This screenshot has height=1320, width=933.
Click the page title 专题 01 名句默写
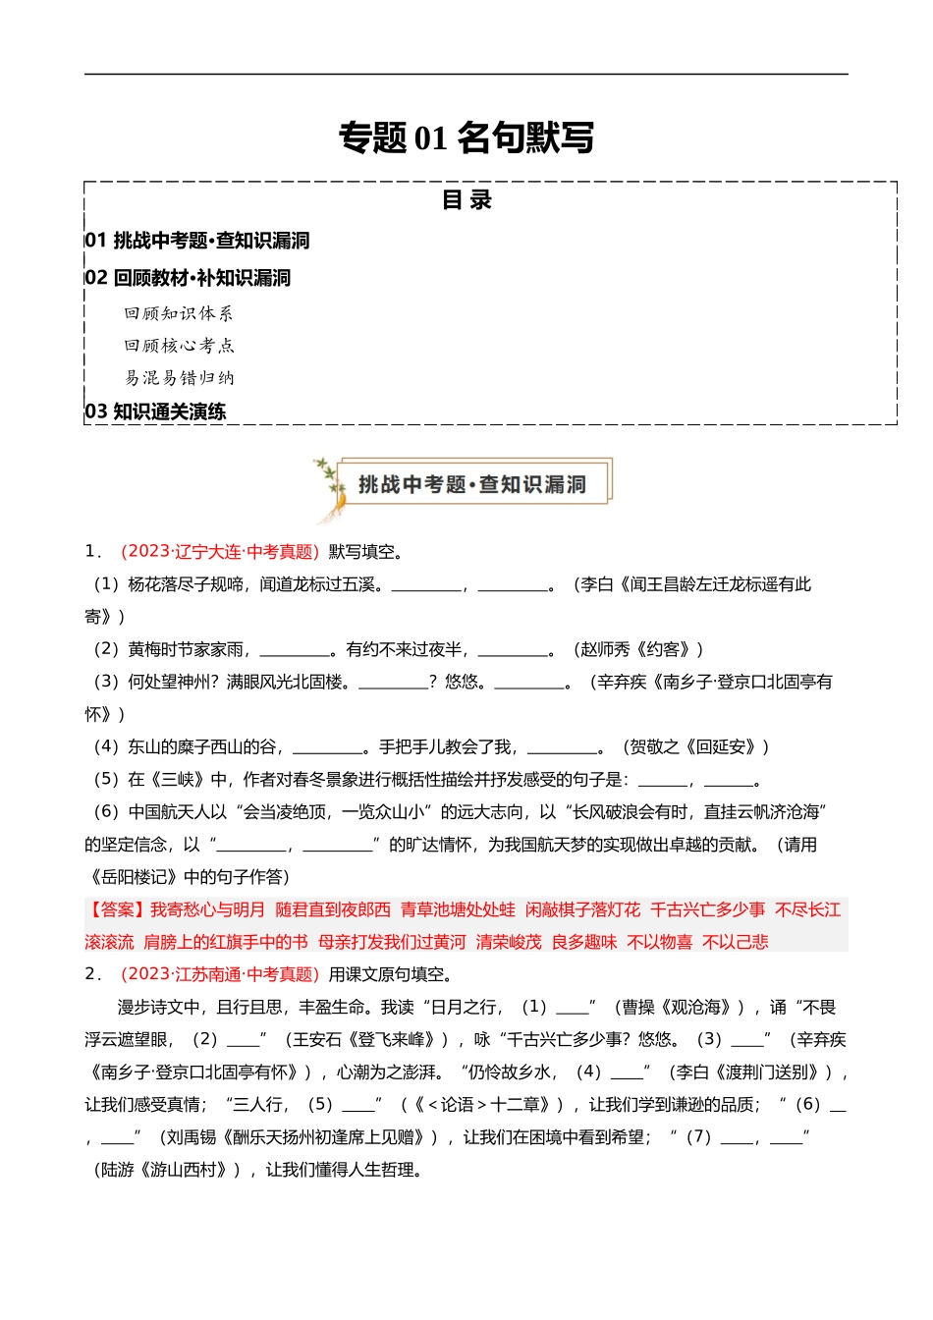tap(466, 137)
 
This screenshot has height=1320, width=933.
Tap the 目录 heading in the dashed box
tap(466, 200)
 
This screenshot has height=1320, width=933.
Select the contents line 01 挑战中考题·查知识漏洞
tap(197, 241)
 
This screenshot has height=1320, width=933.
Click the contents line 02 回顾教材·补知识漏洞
tap(188, 278)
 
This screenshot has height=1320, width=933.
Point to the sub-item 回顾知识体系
tap(179, 313)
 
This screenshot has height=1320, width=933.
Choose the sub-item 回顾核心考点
tap(179, 346)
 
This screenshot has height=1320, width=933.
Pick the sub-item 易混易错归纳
tap(179, 378)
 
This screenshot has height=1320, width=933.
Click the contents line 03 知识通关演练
tap(155, 412)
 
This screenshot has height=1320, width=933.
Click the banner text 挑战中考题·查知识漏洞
tap(472, 484)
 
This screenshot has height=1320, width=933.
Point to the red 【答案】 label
tap(116, 910)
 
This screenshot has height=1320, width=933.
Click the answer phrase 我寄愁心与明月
tap(207, 910)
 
